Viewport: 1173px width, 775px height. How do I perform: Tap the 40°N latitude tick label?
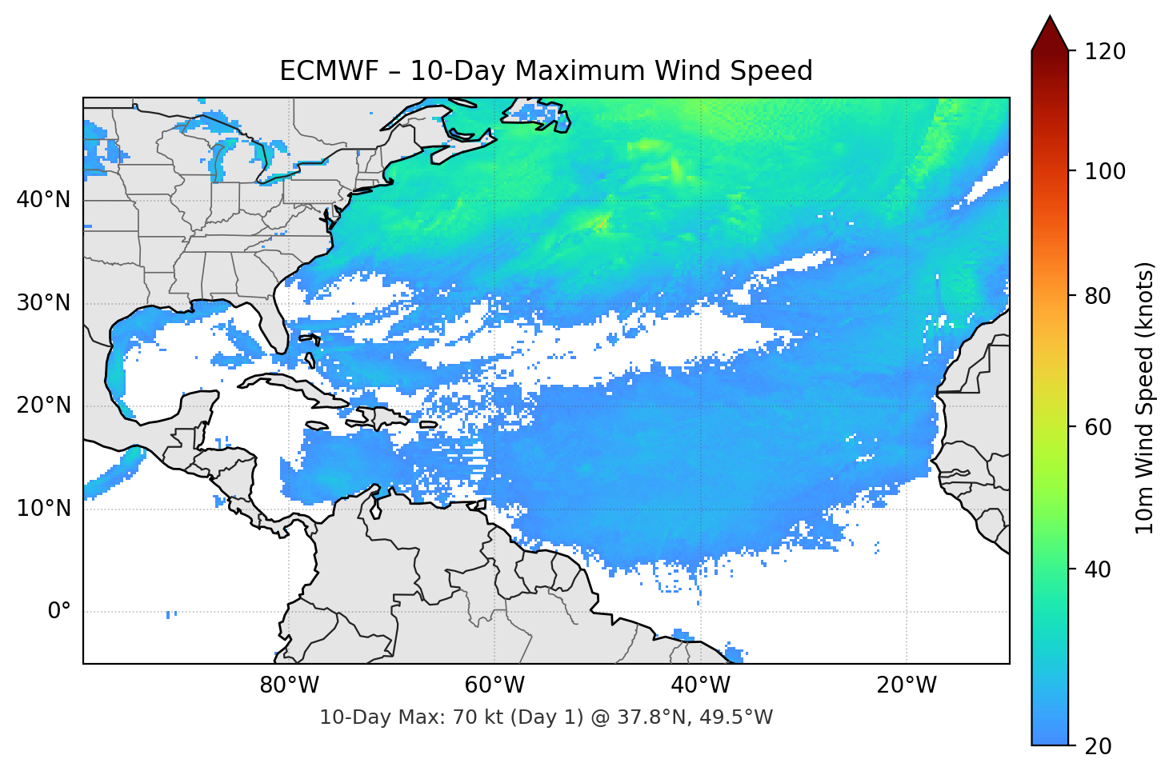click(43, 199)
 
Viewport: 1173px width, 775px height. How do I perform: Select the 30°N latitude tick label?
click(43, 303)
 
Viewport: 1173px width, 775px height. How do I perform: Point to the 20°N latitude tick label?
click(43, 405)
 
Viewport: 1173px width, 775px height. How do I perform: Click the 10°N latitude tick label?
click(43, 509)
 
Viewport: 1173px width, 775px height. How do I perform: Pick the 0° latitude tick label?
click(59, 611)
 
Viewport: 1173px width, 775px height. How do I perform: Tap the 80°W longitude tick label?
click(289, 685)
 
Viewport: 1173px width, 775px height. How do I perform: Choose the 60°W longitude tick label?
click(494, 685)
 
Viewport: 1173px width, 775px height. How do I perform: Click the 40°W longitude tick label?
click(700, 685)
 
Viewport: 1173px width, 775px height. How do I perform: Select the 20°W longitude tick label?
click(906, 685)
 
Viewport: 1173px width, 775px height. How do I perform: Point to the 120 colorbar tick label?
click(1105, 51)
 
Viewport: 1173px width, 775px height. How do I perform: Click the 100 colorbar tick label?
click(1105, 171)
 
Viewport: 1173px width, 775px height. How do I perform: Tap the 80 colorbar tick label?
click(1099, 296)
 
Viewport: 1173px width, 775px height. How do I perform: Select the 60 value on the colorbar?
click(1099, 427)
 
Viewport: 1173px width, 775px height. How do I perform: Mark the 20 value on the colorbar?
click(1099, 745)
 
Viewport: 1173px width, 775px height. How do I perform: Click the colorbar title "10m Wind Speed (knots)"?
click(1145, 397)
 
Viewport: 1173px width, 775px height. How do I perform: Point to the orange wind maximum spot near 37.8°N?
click(601, 224)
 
